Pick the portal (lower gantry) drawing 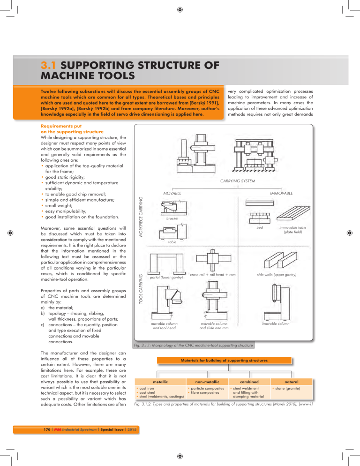tap(164, 265)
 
